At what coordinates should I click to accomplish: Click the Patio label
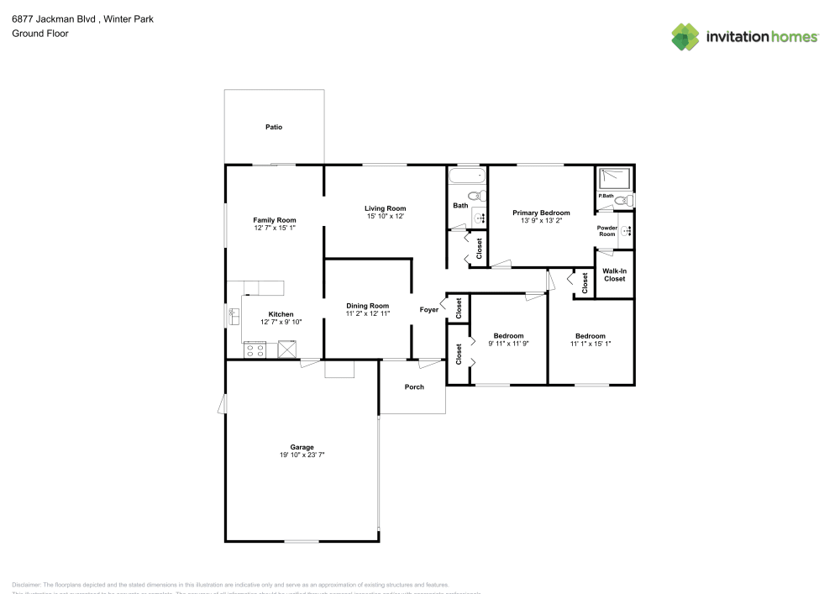[274, 128]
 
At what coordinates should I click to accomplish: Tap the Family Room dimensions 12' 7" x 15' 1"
[275, 229]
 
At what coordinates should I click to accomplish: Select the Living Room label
[385, 208]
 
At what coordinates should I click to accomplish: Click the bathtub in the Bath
[467, 176]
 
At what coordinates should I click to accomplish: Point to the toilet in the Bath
[478, 197]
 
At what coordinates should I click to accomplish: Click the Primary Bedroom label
[541, 213]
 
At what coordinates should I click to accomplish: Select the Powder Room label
[606, 231]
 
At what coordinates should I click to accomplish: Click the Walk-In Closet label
[614, 275]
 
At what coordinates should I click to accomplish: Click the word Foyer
[429, 310]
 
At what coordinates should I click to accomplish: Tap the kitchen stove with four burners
[255, 350]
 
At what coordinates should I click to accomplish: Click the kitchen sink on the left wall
[234, 317]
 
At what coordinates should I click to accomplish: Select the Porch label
[414, 387]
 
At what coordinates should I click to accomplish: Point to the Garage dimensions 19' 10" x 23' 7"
[302, 455]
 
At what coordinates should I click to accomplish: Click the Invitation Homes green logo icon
[685, 36]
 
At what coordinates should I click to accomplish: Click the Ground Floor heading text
[40, 34]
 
